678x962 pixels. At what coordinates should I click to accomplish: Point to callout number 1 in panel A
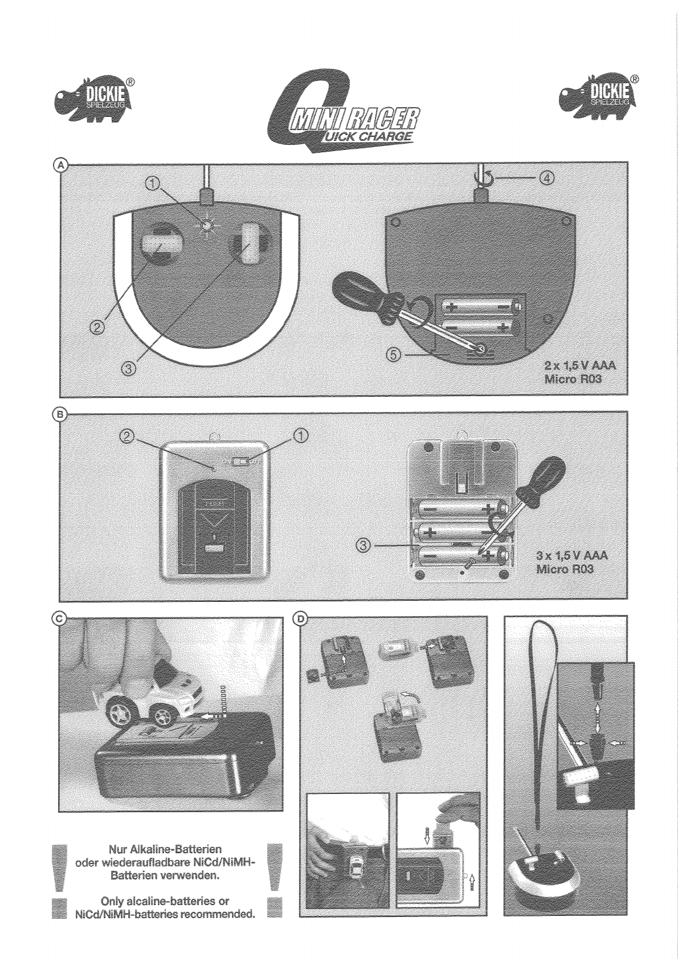coord(152,183)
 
